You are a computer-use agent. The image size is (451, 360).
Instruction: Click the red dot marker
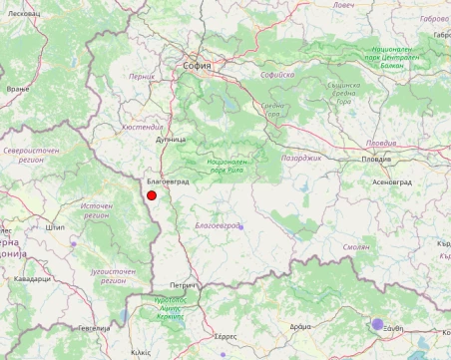(152, 196)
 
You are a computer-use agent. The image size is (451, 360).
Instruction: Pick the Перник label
(142, 76)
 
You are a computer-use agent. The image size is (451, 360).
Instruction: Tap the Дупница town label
(171, 140)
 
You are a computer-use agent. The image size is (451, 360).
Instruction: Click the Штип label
(55, 226)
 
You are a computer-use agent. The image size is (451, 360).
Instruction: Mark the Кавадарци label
(33, 279)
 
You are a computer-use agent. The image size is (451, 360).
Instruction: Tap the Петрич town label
(183, 285)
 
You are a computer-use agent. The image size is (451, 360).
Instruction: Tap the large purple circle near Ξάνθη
(378, 324)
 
